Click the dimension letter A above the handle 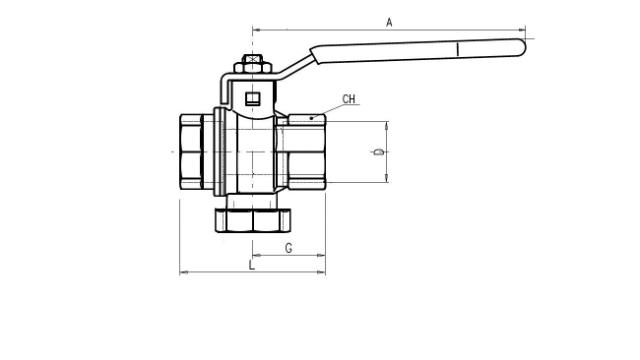coord(389,22)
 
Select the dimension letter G coord(288,247)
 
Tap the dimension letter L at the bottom coord(252,265)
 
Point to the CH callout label coord(349,99)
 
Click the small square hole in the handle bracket coord(253,98)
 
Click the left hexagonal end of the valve coord(188,152)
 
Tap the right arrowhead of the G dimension coord(322,255)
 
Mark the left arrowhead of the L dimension coord(183,272)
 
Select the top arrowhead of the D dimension coord(386,125)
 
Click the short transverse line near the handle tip coord(456,47)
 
